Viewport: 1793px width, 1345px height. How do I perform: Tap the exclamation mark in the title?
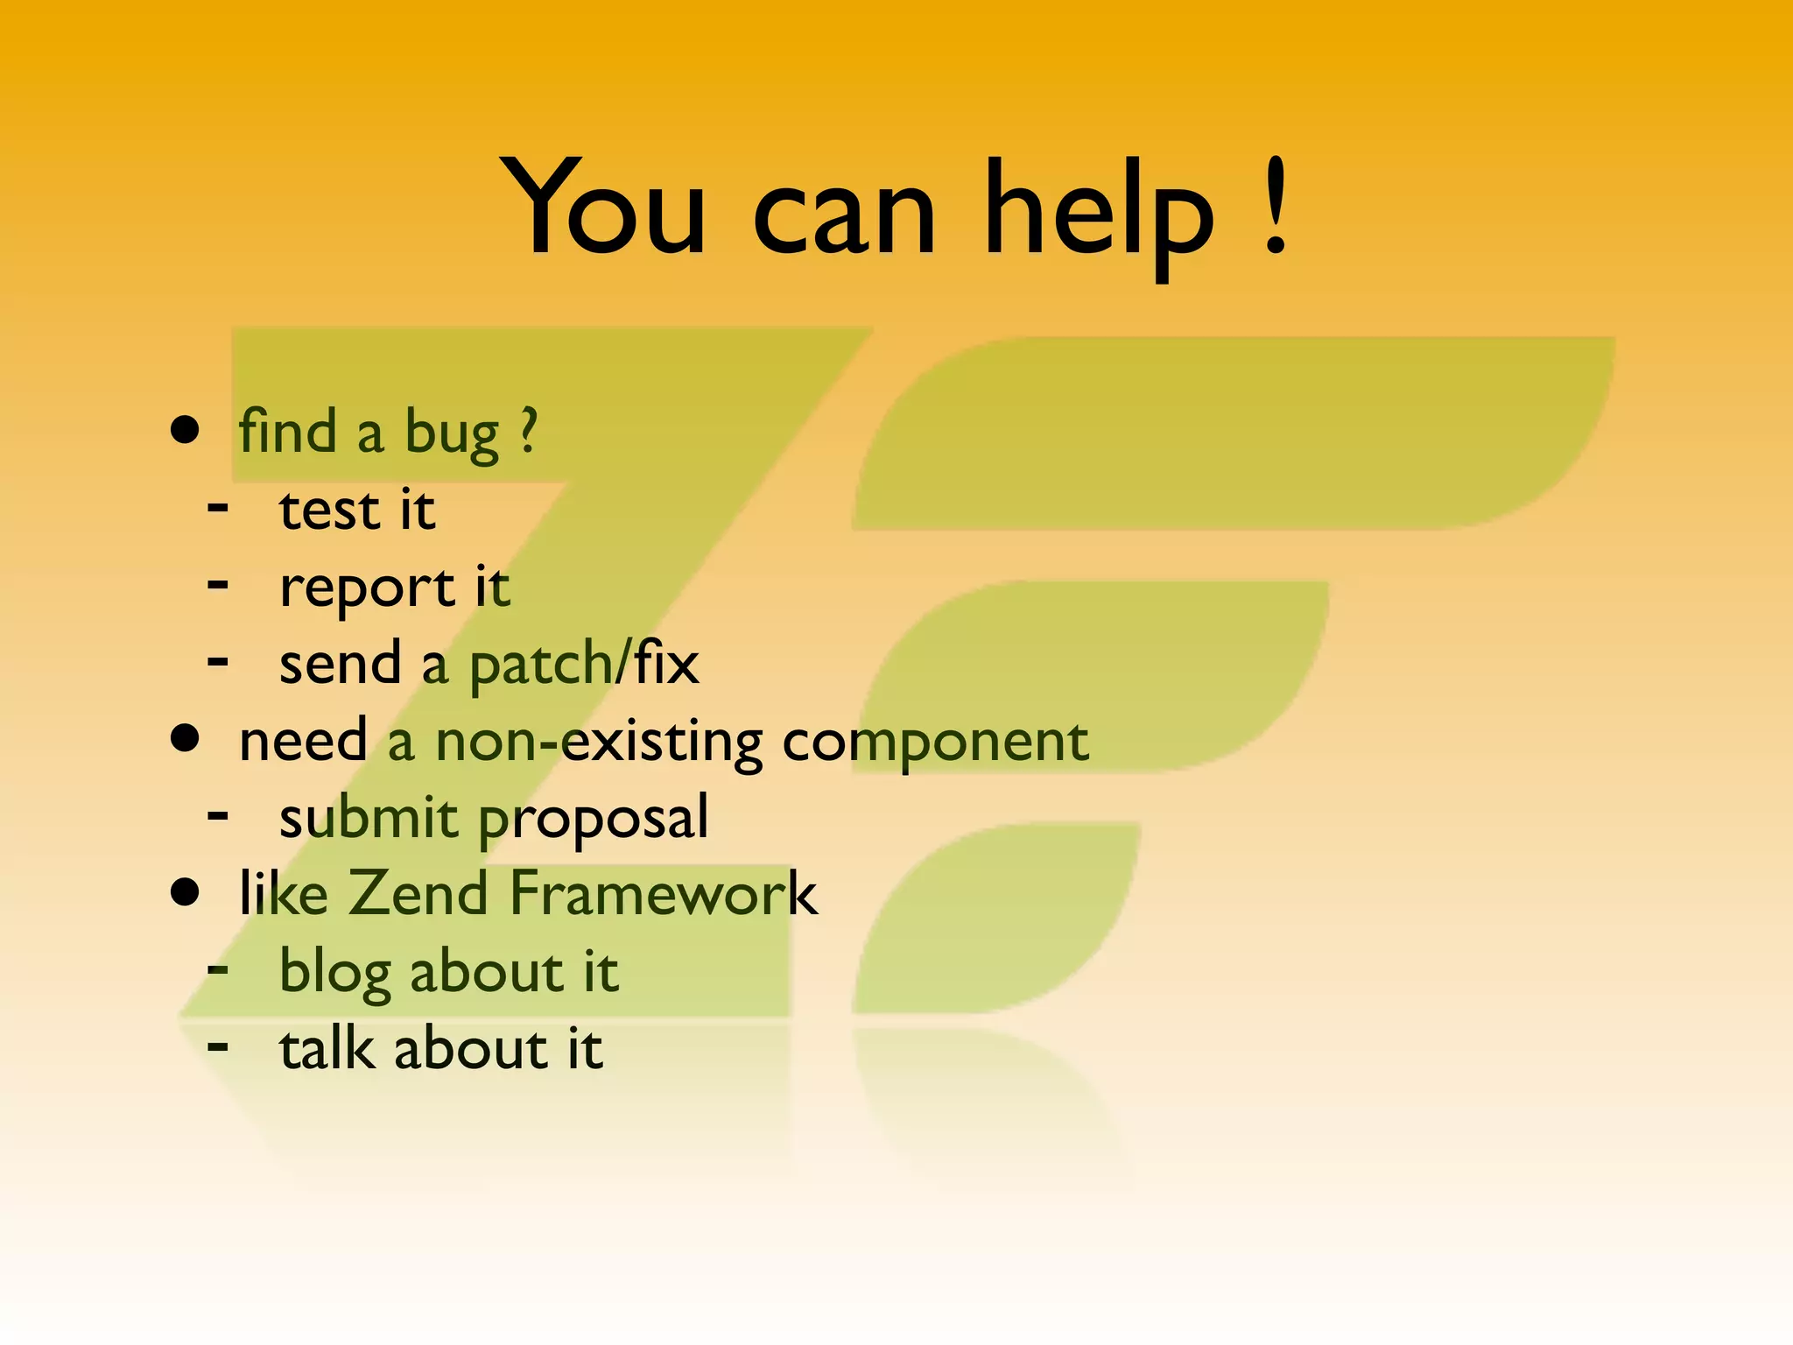tap(1276, 208)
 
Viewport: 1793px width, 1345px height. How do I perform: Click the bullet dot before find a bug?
tap(185, 430)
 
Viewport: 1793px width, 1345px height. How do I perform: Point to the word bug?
tap(451, 435)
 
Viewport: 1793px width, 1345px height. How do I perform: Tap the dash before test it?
tap(218, 507)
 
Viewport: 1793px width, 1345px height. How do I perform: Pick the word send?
tap(340, 663)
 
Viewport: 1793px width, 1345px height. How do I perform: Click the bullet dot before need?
tap(185, 737)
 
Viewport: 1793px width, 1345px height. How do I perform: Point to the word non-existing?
tap(599, 743)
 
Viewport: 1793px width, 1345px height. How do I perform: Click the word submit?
tap(368, 817)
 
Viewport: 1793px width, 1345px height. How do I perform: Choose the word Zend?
tap(418, 893)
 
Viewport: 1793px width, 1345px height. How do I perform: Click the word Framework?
tap(663, 893)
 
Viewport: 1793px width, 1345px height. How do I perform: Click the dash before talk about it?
tap(218, 1045)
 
